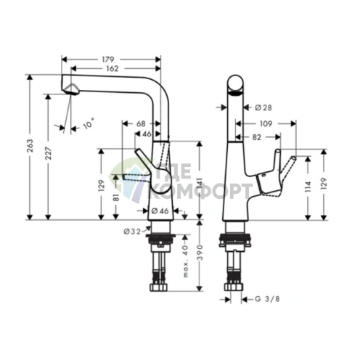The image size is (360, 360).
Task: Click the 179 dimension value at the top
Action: [108, 60]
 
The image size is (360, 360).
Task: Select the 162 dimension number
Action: [112, 69]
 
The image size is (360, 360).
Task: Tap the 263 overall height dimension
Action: [30, 146]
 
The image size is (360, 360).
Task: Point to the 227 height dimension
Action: [49, 153]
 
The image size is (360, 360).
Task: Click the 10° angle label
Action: [89, 123]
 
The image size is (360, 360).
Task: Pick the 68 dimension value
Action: [141, 124]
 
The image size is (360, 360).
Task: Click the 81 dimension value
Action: [116, 197]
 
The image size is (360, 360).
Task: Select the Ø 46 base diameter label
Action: [160, 211]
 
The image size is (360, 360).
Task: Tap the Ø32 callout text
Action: [132, 232]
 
